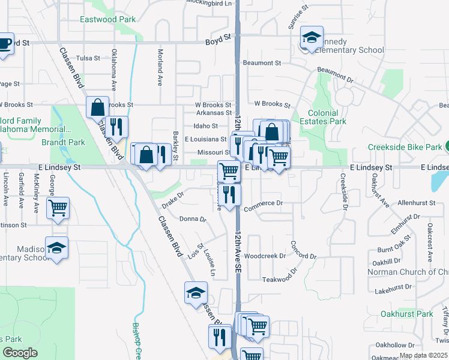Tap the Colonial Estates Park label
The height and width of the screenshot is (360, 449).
[x=327, y=117]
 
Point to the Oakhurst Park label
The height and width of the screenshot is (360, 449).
[x=406, y=314]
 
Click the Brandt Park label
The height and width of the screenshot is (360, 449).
[x=63, y=143]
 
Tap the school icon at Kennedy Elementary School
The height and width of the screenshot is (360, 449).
[x=312, y=38]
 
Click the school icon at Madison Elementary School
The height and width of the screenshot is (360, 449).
[x=56, y=248]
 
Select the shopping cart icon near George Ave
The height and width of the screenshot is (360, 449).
[x=58, y=209]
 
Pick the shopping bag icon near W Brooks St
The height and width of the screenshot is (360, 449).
[x=97, y=108]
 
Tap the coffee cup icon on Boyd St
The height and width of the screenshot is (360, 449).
[x=4, y=44]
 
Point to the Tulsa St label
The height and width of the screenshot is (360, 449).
[x=88, y=58]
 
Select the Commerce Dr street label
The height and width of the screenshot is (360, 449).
[x=263, y=203]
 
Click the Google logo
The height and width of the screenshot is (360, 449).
[x=20, y=353]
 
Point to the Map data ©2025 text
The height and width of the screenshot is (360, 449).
[x=423, y=355]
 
